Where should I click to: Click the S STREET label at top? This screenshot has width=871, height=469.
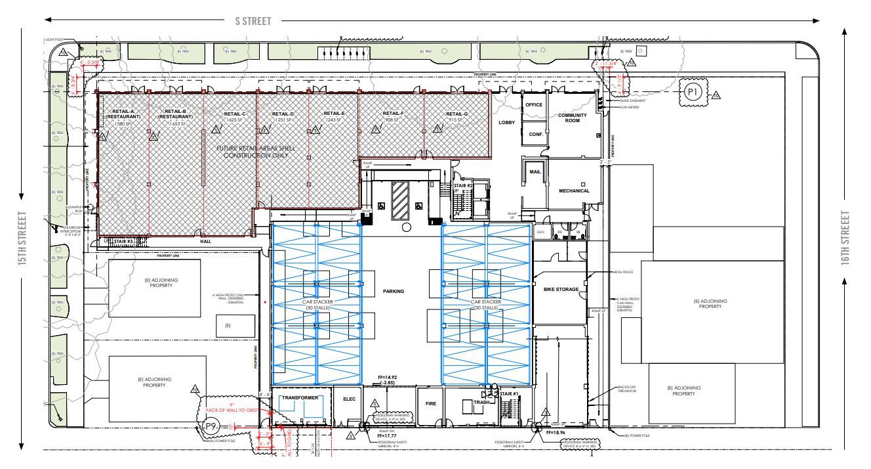click(253, 21)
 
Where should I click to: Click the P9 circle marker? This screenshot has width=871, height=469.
click(211, 426)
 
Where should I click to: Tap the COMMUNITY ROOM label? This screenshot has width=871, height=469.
click(572, 118)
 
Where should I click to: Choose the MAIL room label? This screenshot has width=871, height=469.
click(535, 172)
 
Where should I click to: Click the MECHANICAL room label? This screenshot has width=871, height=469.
click(574, 191)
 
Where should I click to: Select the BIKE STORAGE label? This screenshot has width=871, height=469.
click(561, 289)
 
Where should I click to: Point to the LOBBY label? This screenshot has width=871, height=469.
click(506, 123)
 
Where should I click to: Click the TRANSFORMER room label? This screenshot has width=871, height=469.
click(300, 398)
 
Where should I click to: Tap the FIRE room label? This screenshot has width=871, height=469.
click(430, 404)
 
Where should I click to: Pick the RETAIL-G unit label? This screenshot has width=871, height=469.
click(456, 114)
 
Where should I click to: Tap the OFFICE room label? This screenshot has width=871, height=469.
click(534, 105)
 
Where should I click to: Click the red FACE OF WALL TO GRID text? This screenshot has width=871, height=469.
click(233, 411)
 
